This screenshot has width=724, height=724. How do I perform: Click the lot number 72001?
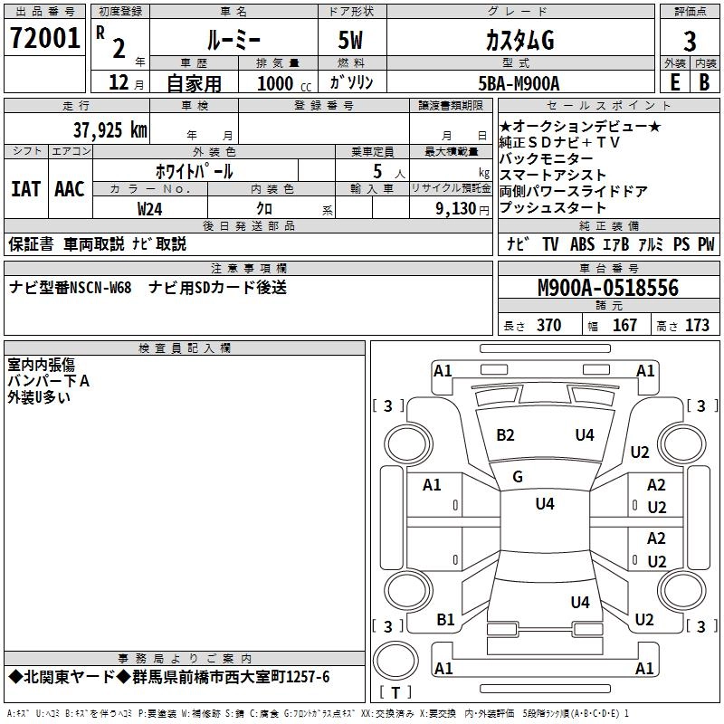click(x=44, y=40)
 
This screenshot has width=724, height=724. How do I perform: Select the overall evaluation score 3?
click(x=690, y=42)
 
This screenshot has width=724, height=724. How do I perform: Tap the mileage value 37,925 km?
click(x=110, y=130)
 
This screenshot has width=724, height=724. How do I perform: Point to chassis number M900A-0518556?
click(x=607, y=289)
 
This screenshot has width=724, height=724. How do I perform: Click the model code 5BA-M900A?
click(x=519, y=83)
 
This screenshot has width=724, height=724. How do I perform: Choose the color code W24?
click(x=150, y=208)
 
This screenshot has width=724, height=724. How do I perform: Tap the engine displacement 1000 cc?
click(x=281, y=83)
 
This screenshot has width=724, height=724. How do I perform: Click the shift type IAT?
click(x=25, y=189)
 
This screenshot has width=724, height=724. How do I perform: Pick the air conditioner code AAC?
click(x=70, y=189)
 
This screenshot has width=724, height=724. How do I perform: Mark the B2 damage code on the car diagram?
click(x=505, y=435)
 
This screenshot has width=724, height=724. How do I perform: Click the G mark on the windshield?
click(x=518, y=477)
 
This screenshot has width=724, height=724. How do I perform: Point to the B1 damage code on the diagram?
click(x=445, y=620)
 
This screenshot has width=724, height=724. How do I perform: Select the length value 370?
click(x=548, y=326)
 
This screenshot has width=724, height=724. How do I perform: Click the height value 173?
click(x=697, y=326)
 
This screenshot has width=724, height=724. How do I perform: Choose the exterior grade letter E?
click(x=673, y=82)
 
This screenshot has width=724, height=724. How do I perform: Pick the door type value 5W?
click(x=352, y=42)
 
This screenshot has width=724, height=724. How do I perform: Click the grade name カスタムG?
click(x=519, y=42)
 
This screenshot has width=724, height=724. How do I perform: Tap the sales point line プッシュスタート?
click(x=553, y=207)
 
